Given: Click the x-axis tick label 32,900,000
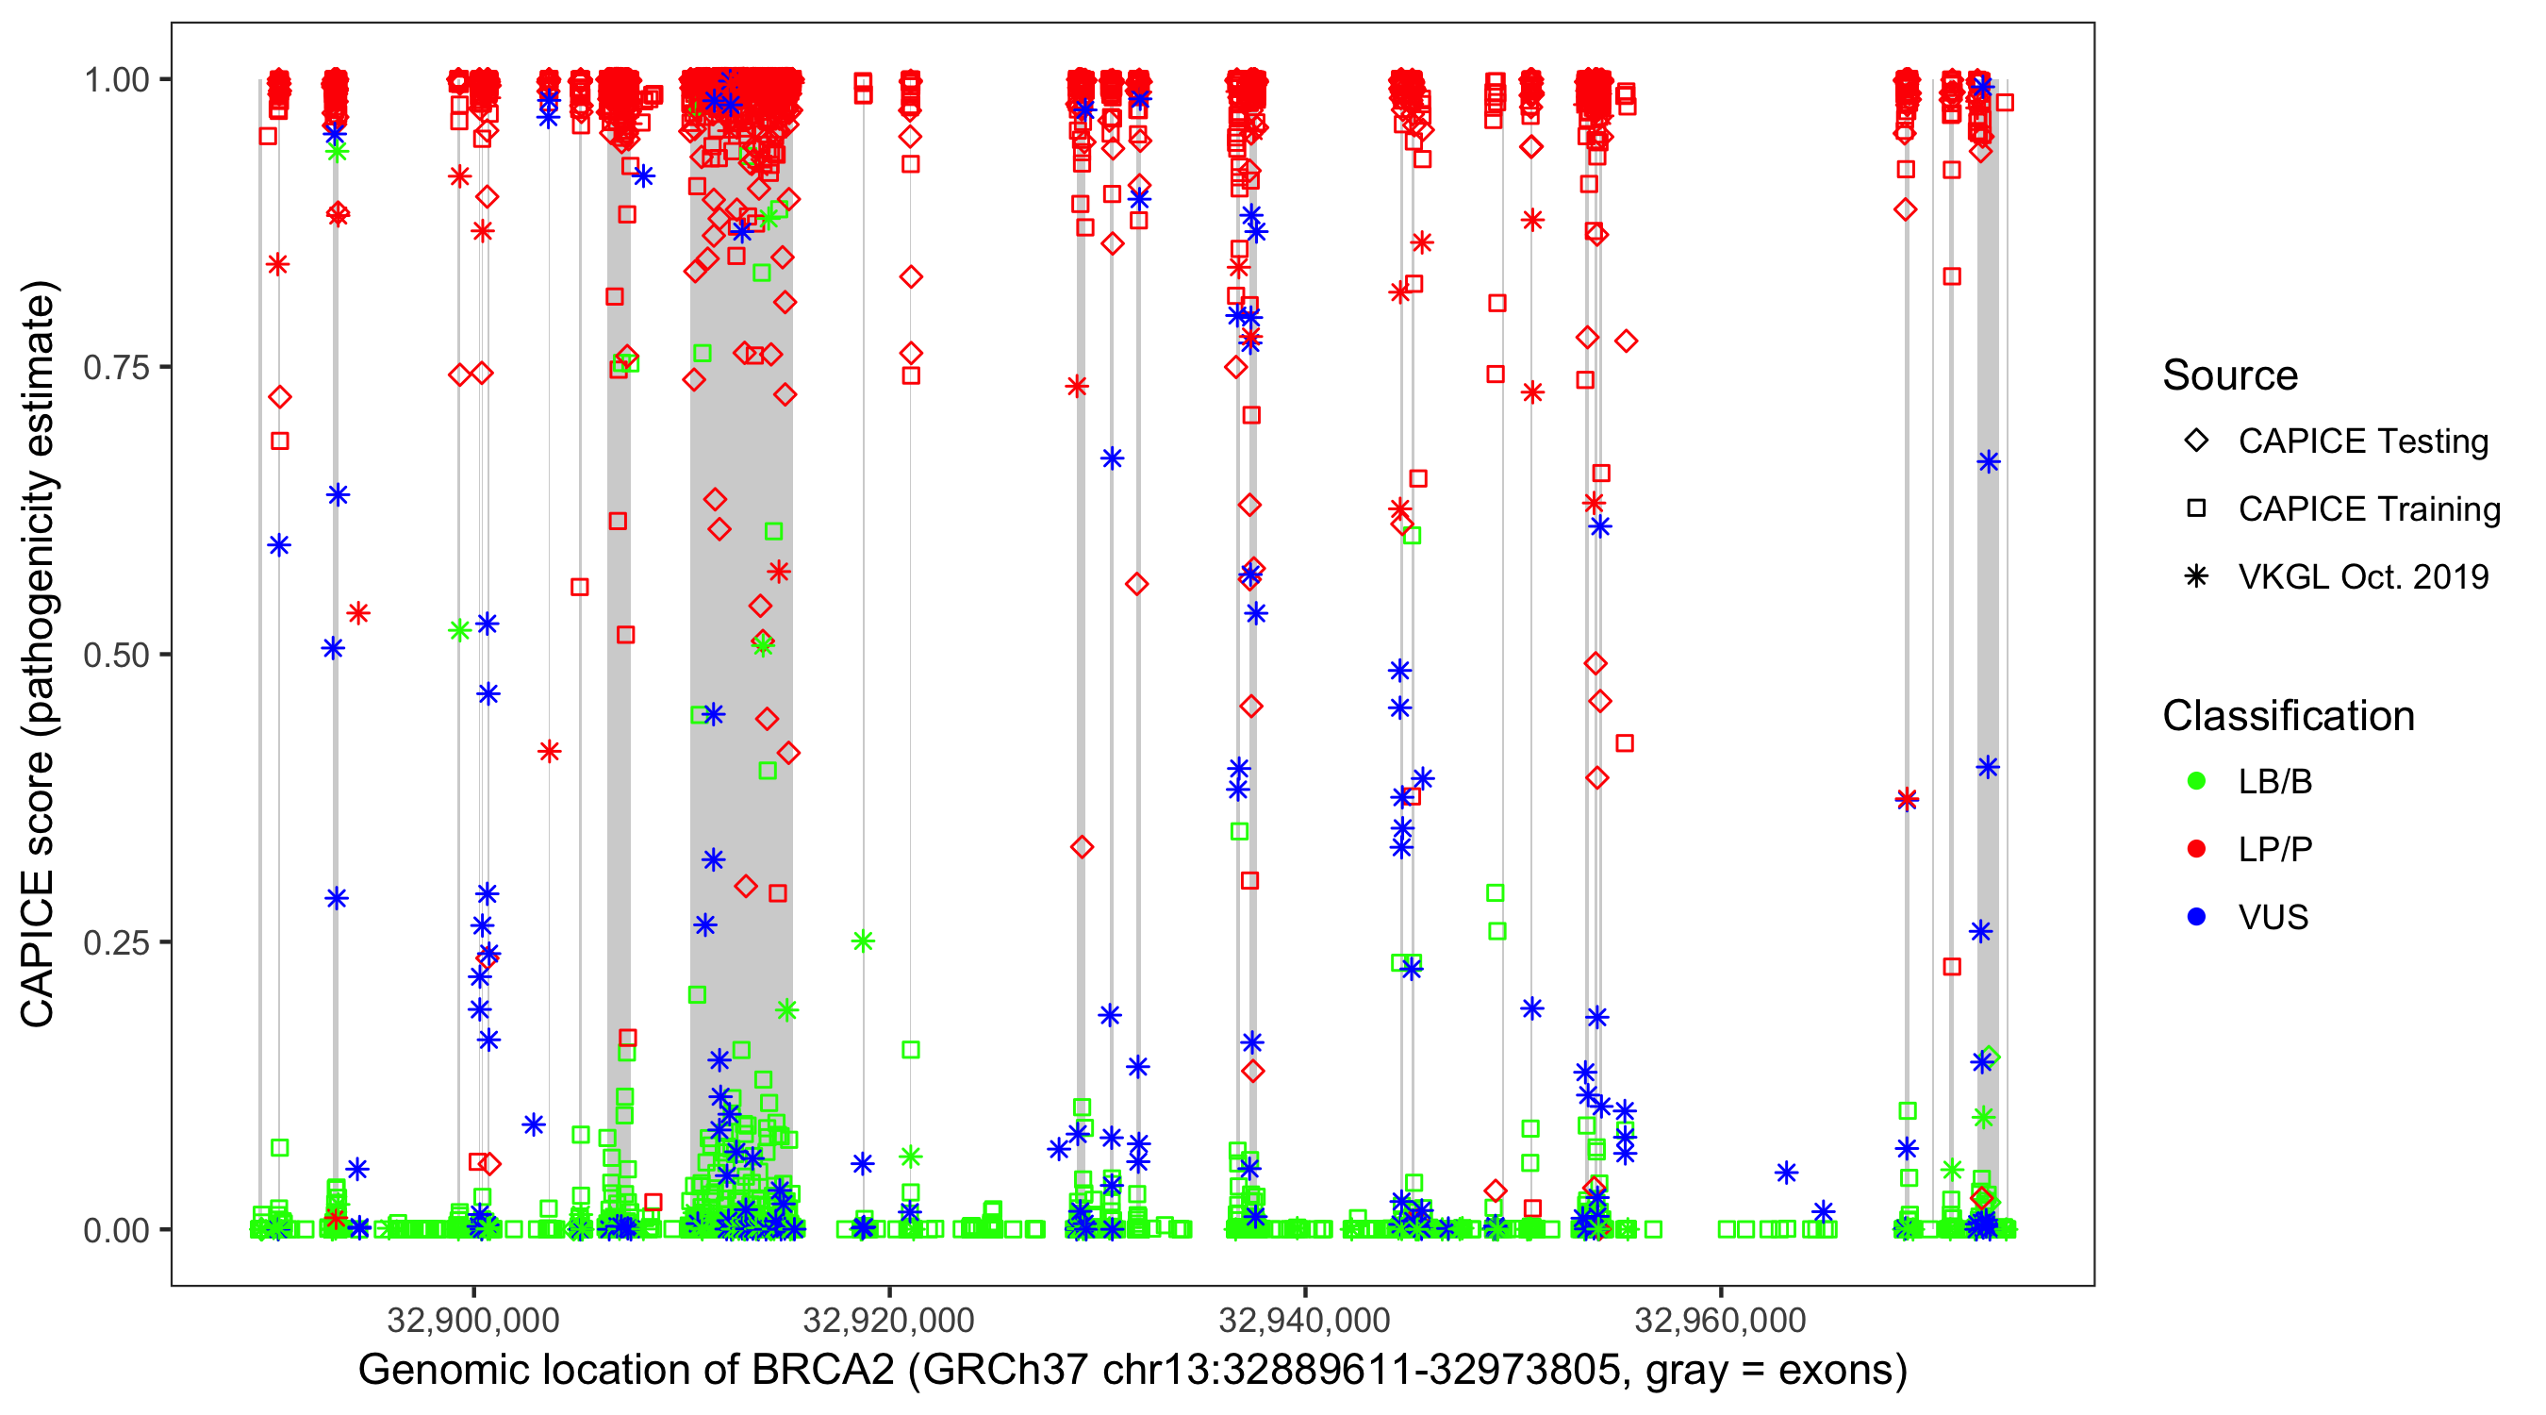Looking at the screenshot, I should tap(473, 1320).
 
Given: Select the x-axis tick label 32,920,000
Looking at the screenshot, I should tap(889, 1320).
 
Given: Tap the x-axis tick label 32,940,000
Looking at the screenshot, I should tap(1305, 1320).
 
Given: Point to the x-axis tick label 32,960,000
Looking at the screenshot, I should tap(1721, 1320).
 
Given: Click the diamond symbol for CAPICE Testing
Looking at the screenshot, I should tap(2196, 441).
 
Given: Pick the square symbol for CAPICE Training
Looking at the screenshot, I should tap(2196, 509).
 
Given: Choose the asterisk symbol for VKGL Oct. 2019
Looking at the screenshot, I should tap(2196, 576).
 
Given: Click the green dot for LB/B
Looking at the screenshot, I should tap(2196, 781).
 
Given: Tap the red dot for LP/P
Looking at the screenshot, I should tap(2196, 849).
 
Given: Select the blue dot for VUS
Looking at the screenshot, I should tap(2196, 917).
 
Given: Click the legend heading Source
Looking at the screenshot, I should tap(2230, 375).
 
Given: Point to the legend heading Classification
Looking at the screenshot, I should tap(2288, 716).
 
